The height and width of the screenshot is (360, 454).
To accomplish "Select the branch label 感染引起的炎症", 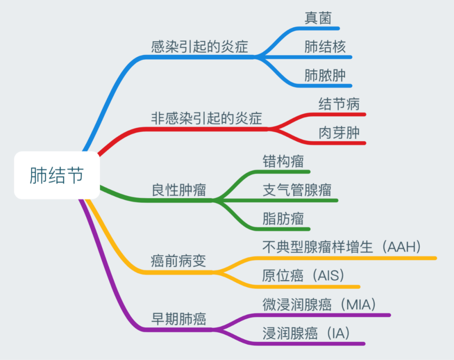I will point(200,46).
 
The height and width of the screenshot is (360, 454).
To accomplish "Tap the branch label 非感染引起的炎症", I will point(206,118).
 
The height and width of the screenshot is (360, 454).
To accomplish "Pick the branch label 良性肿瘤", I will point(179,190).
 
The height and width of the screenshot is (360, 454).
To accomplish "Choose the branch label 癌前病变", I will point(179,261).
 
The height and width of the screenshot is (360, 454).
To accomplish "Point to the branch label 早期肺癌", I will point(179,319).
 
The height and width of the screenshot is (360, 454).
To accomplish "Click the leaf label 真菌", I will point(318,18).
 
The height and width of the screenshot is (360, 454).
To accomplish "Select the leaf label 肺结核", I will point(325,47).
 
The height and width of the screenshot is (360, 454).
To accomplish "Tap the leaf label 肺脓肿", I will point(325,75).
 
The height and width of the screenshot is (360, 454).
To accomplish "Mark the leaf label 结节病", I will point(339,104).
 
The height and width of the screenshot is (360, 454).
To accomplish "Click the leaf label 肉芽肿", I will point(339,133).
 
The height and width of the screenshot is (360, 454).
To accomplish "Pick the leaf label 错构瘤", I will point(283,161).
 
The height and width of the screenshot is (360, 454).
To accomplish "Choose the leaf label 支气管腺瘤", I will point(297,190).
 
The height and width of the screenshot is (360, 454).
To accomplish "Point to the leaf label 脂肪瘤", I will point(283,219).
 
